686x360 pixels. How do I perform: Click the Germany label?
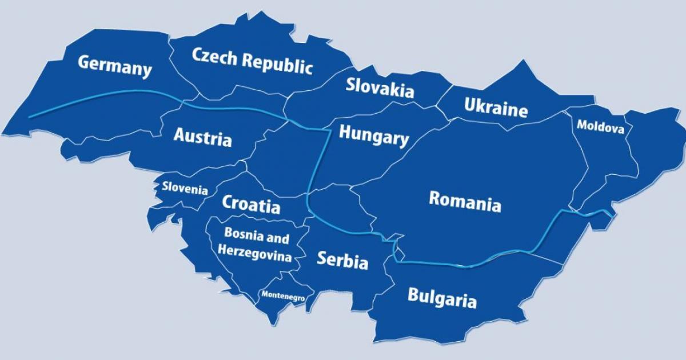click(115, 66)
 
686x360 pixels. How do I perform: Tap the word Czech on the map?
click(215, 57)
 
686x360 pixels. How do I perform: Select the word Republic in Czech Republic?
click(278, 64)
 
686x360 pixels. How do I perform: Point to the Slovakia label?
click(380, 88)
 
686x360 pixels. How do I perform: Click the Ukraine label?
click(496, 107)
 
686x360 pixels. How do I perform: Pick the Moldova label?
click(600, 126)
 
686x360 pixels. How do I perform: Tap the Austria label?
click(202, 137)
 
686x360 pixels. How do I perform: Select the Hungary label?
click(374, 135)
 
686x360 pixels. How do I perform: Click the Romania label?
click(465, 201)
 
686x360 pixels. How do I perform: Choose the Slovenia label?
click(185, 188)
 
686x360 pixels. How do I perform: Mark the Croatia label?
click(251, 203)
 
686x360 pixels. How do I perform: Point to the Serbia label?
click(342, 261)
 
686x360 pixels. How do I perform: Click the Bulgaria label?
click(441, 298)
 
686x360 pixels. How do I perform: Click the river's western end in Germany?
click(30, 117)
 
